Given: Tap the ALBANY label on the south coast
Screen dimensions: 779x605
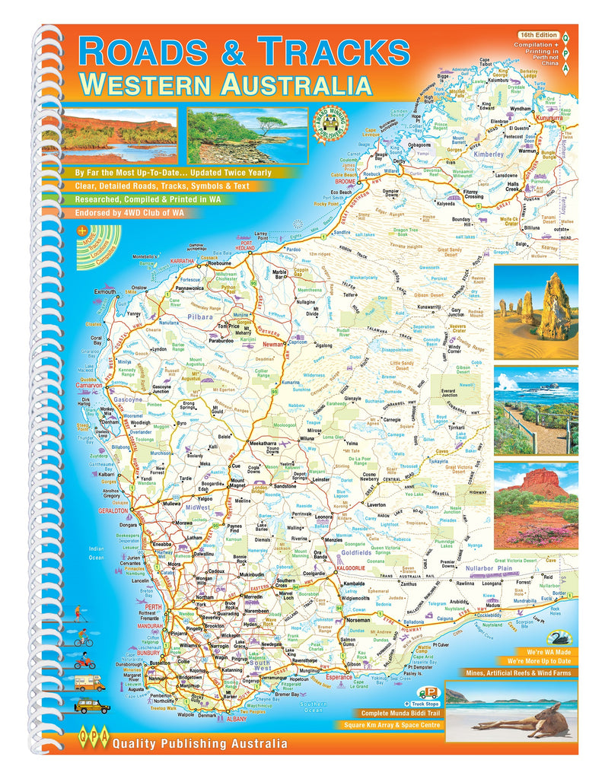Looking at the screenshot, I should [x=235, y=718].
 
